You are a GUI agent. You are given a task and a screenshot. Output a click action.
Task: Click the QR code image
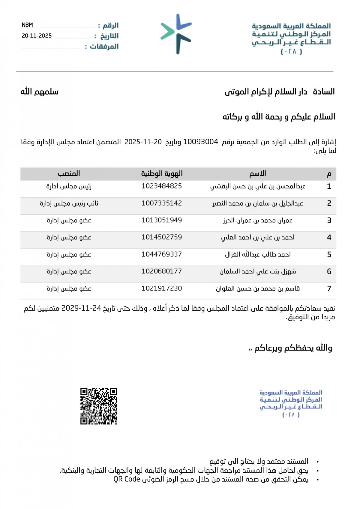[x=98, y=406]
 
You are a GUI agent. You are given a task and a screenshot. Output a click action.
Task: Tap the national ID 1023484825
[x=162, y=186]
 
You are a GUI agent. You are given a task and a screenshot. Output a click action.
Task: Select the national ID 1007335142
[x=162, y=203]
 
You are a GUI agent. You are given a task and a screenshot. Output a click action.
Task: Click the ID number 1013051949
[x=162, y=220]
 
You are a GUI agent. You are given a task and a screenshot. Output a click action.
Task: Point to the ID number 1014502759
[x=162, y=237]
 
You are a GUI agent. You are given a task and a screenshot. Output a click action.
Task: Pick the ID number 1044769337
[x=162, y=254]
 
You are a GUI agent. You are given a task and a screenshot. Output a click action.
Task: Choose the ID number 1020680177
[x=162, y=271]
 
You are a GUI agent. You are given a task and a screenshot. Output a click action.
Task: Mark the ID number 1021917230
[x=162, y=288]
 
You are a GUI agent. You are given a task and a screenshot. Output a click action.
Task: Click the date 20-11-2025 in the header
[x=37, y=36]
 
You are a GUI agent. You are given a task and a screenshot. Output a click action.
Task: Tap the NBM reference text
[x=27, y=25]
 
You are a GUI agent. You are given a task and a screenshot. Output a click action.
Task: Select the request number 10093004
[x=200, y=142]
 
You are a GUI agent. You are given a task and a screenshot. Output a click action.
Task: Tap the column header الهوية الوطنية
[x=162, y=173]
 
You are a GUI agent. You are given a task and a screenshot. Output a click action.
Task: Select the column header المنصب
[x=69, y=173]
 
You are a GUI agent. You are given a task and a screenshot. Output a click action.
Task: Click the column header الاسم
[x=258, y=173]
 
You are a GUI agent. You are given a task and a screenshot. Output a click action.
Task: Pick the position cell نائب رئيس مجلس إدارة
[x=69, y=203]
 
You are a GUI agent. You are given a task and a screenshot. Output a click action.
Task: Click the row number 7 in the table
[x=329, y=289]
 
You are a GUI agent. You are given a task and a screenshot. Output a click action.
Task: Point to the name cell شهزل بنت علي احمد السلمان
[x=258, y=272]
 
